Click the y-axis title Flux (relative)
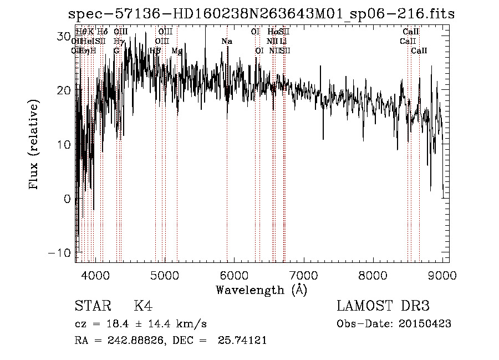[x=34, y=145]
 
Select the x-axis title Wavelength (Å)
[x=261, y=290]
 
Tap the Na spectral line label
[x=227, y=41]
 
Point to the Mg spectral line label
[x=177, y=50]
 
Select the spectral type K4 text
[x=143, y=306]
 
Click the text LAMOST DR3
[x=383, y=306]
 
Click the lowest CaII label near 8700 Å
[x=419, y=50]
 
